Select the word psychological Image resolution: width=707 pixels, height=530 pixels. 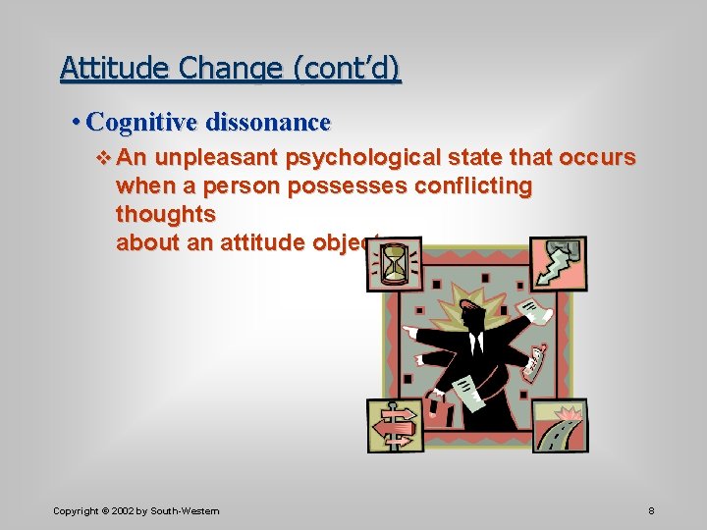point(365,158)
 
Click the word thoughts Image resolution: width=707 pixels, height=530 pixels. point(166,214)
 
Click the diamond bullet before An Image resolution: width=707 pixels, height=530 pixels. point(107,158)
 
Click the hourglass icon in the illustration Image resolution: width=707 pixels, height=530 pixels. point(395,263)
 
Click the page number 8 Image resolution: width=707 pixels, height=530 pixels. point(652,511)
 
